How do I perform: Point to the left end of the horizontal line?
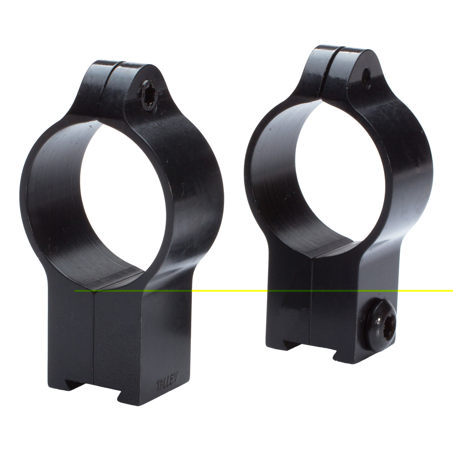click(76, 291)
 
